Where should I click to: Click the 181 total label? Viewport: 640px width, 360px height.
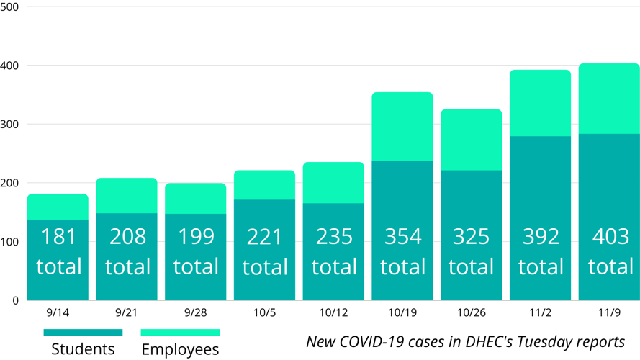(x=58, y=251)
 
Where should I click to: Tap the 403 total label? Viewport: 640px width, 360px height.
(x=610, y=251)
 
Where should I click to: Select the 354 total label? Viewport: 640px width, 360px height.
(x=402, y=251)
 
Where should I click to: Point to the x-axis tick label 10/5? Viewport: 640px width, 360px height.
(x=264, y=312)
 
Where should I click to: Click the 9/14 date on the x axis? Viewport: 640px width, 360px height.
(x=58, y=312)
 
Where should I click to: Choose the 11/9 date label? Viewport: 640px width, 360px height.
(x=610, y=312)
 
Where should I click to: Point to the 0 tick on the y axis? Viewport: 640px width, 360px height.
(x=15, y=301)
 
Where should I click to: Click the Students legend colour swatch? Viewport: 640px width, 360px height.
(x=83, y=333)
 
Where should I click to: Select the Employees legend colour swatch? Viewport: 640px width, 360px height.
(x=180, y=333)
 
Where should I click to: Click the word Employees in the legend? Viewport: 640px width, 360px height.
(x=180, y=349)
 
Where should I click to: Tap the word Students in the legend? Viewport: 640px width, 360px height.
(x=83, y=349)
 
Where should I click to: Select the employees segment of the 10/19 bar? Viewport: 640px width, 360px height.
(x=402, y=127)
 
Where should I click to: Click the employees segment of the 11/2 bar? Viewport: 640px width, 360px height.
(x=541, y=103)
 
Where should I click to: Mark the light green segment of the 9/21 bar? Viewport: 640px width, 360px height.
(x=127, y=196)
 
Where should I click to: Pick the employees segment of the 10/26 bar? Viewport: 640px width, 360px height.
(x=472, y=140)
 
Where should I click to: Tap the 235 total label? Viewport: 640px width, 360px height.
(x=333, y=251)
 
